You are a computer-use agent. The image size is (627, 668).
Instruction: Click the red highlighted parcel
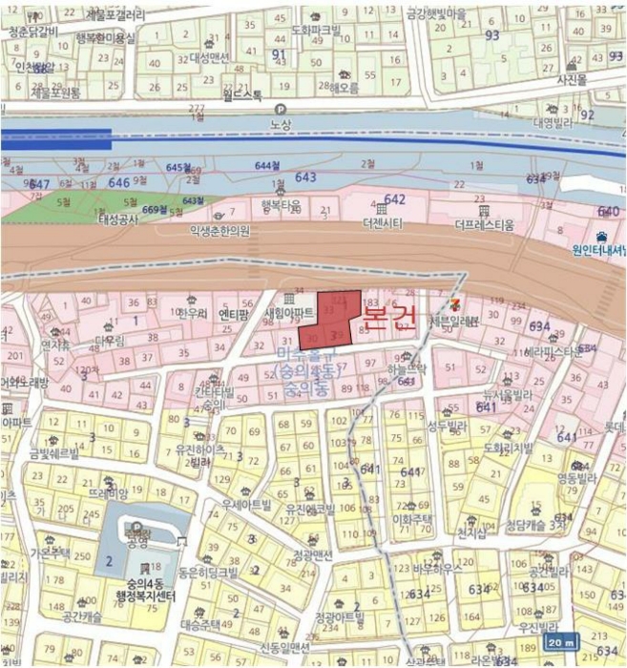click(x=330, y=319)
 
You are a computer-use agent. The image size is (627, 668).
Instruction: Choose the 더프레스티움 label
click(x=484, y=225)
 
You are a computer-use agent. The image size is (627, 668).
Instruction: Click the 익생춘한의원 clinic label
click(x=219, y=230)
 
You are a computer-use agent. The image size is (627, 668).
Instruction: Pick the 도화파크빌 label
click(x=315, y=30)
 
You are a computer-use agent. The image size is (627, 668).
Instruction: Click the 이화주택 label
click(x=413, y=519)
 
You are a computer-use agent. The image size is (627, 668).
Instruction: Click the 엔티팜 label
click(x=234, y=312)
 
